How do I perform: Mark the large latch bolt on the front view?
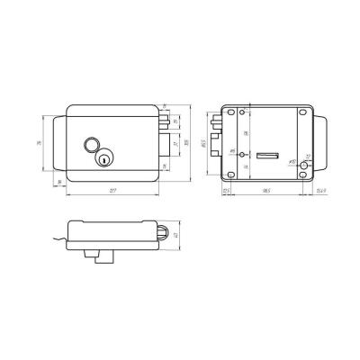point(164,143)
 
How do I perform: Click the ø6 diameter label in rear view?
point(233,150)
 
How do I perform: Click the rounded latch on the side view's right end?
point(162,232)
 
